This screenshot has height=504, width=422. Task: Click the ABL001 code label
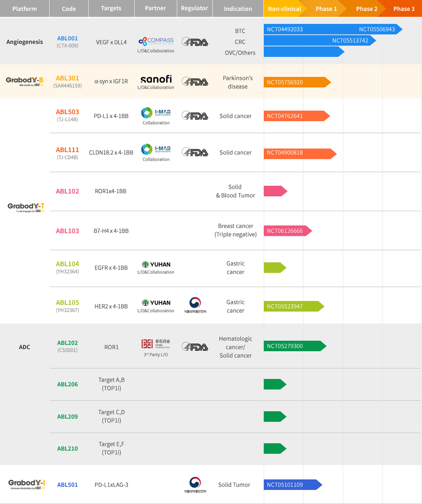click(67, 38)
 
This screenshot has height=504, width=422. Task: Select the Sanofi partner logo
click(156, 79)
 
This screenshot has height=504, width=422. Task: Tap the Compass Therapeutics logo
click(156, 41)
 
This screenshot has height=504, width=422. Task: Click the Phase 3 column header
click(404, 9)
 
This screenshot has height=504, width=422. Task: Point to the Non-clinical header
click(284, 9)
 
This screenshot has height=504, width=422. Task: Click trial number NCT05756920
click(285, 83)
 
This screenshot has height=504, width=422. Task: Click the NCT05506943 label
click(377, 29)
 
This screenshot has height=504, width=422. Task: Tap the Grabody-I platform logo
click(26, 484)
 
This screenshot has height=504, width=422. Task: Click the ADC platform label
click(25, 347)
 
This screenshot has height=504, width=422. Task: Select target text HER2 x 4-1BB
click(111, 306)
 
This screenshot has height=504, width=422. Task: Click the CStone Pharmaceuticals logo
click(156, 344)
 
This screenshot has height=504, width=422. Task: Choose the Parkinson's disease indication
click(237, 82)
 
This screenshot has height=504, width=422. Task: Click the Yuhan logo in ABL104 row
click(156, 264)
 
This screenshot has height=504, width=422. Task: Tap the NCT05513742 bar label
click(350, 40)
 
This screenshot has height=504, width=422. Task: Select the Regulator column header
click(194, 8)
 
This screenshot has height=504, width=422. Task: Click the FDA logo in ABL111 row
click(195, 153)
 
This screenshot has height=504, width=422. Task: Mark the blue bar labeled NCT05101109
click(292, 485)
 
